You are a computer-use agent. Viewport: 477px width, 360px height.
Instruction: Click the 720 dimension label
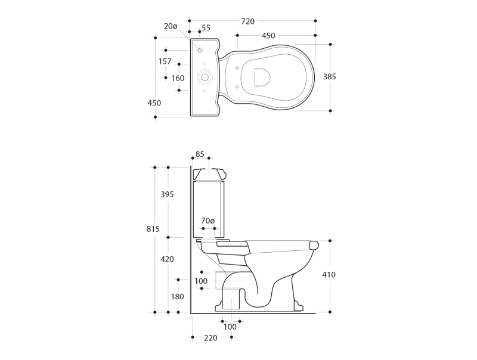(x=247, y=21)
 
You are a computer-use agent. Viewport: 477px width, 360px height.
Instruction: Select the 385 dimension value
(x=330, y=77)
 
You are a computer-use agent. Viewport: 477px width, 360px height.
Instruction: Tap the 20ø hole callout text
(x=171, y=26)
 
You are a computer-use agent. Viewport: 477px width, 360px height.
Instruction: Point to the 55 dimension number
(x=206, y=27)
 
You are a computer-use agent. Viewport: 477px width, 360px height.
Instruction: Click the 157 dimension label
(x=165, y=61)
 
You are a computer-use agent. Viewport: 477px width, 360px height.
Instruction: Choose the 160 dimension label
(x=178, y=79)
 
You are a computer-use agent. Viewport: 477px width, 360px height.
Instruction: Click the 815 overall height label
(x=153, y=229)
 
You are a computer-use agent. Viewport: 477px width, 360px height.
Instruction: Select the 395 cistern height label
(x=167, y=194)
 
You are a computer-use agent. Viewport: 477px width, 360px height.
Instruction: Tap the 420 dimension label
(x=167, y=259)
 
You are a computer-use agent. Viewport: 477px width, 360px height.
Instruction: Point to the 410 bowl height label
(x=329, y=275)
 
